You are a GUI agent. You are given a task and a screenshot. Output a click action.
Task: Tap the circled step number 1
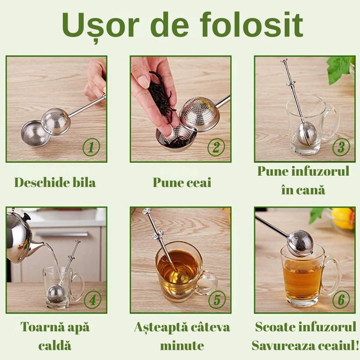coord(91,147)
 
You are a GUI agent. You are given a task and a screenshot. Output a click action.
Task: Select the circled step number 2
coord(216,147)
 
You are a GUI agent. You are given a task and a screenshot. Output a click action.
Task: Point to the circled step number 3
coord(341,147)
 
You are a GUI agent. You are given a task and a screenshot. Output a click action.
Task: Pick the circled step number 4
coord(92,300)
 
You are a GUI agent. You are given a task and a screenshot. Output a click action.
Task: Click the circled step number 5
coord(217,300)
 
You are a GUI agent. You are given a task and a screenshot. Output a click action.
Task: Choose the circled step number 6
coord(341,300)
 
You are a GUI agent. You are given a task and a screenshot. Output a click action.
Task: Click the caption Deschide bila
coord(55,182)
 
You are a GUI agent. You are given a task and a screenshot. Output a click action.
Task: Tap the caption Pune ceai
coord(182,183)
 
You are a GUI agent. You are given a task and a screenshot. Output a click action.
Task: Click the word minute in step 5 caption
coord(182,345)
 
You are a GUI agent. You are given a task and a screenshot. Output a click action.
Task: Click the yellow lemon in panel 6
coord(343,217)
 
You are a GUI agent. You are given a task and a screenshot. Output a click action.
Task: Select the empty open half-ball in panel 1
coord(35,134)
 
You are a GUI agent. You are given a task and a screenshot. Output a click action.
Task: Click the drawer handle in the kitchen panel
coord(62,234)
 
